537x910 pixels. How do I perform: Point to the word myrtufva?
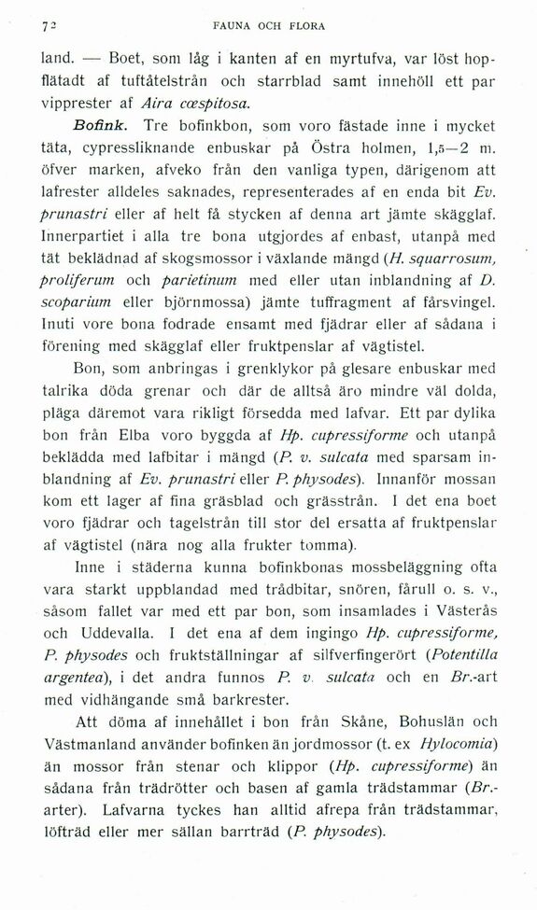coord(364,59)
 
